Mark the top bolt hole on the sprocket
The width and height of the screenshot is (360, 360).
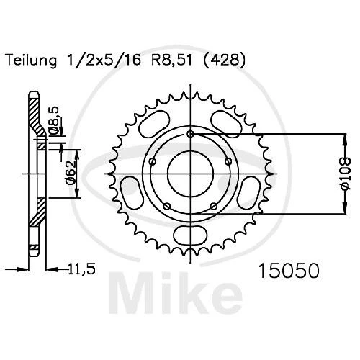click(190, 135)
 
